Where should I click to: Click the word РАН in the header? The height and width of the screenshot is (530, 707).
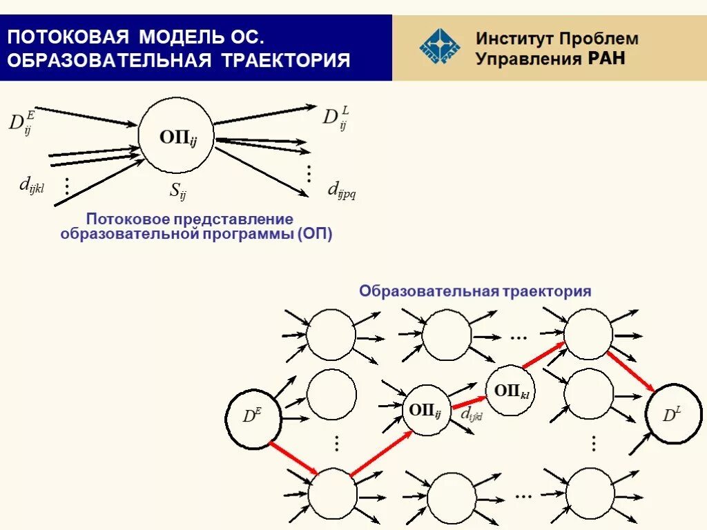pyautogui.click(x=606, y=58)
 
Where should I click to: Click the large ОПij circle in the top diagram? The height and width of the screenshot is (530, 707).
pyautogui.click(x=176, y=135)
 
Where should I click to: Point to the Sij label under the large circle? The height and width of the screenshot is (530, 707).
pyautogui.click(x=177, y=191)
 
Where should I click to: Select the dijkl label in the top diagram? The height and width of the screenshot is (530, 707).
pyautogui.click(x=31, y=184)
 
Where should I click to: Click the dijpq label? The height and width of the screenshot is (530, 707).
pyautogui.click(x=341, y=188)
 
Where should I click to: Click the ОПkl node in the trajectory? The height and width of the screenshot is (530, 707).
pyautogui.click(x=511, y=391)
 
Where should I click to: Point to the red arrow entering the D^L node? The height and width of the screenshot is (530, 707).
pyautogui.click(x=631, y=373)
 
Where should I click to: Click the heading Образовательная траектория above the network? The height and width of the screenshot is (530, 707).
pyautogui.click(x=474, y=291)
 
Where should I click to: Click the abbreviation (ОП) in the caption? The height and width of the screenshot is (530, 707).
pyautogui.click(x=316, y=234)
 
